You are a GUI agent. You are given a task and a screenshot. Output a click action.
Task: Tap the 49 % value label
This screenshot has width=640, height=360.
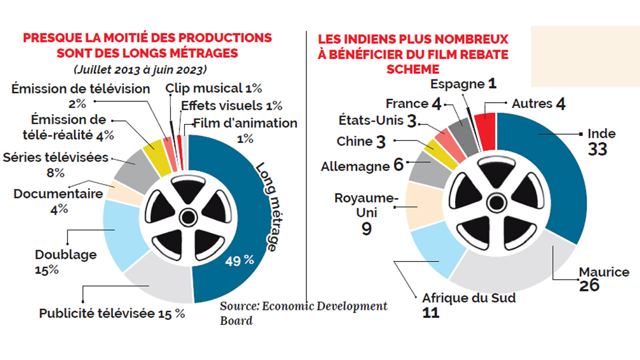click(239, 260)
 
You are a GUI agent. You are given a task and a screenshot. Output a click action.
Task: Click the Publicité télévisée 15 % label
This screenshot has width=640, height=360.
click(112, 314)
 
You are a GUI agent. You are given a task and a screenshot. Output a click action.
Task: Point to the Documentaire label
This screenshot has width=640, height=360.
click(58, 193)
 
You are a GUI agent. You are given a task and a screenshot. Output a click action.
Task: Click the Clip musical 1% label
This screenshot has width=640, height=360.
click(213, 88)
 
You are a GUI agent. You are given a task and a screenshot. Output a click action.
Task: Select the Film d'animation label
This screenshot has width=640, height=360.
click(245, 123)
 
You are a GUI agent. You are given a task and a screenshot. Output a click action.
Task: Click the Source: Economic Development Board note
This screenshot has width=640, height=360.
click(303, 313)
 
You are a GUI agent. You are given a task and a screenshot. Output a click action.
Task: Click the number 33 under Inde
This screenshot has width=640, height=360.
click(597, 148)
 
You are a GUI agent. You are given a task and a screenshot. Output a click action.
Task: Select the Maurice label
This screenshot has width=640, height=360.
click(604, 272)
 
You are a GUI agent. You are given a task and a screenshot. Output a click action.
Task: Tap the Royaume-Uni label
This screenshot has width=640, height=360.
click(366, 205)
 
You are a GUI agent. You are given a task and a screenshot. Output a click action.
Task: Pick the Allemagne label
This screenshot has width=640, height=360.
click(355, 166)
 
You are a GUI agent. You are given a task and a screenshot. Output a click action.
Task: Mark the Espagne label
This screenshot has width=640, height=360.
click(457, 84)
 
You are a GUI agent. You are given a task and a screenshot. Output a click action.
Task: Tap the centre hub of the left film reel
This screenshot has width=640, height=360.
click(188, 217)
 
